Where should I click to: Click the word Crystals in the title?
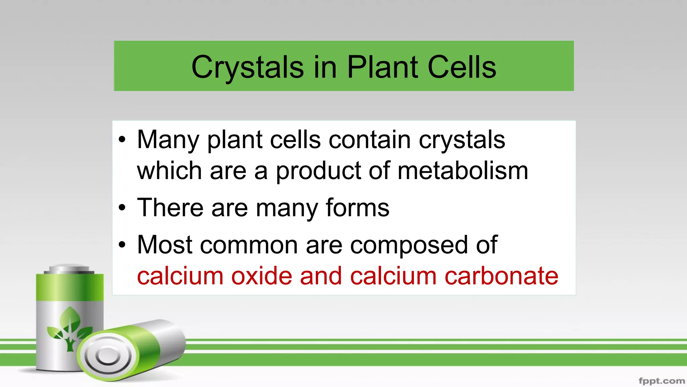(x=247, y=68)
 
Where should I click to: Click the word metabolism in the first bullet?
(x=463, y=171)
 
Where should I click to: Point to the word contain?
(x=369, y=140)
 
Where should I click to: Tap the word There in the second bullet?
(x=170, y=208)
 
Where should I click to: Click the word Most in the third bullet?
(x=165, y=245)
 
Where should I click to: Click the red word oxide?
(x=261, y=276)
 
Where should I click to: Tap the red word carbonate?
(x=501, y=276)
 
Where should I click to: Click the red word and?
(x=321, y=276)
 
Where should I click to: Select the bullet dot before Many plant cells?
(x=122, y=139)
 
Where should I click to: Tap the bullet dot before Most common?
(x=122, y=245)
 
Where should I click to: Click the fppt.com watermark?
(x=661, y=381)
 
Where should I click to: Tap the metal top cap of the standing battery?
(x=69, y=269)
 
